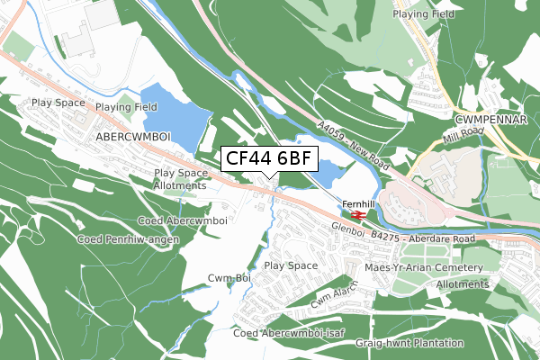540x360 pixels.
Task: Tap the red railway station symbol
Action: coord(357,215)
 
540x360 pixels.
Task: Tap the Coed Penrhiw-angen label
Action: coord(128,239)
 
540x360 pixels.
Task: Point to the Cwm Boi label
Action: coord(229,278)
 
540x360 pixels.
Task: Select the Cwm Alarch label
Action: coord(335,293)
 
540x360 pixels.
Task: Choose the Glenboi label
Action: coord(347,230)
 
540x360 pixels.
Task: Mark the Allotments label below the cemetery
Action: coord(462,283)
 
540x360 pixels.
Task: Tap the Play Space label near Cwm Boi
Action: coord(291,265)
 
